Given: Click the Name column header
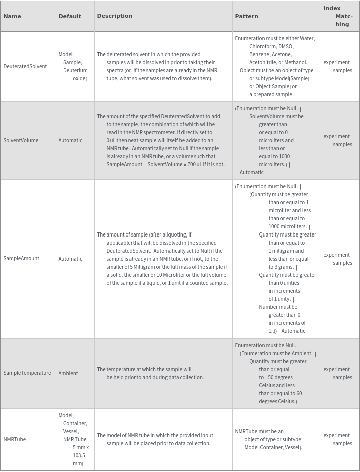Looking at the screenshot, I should point(12,16).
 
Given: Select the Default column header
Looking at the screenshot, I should point(70,16).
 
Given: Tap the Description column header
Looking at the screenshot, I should point(115,16).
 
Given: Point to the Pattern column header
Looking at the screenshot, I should point(246,16).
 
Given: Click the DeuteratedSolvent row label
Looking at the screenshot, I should point(25,66).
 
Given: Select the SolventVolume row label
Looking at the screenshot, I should point(21,140).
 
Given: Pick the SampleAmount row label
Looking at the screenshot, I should point(21,259).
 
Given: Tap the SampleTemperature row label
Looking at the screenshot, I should point(27,373).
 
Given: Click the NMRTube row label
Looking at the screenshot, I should point(15,439).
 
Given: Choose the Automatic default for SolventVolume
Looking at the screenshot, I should point(70,140).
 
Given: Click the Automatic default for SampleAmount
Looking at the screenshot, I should point(70,259).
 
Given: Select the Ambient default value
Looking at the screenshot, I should point(68,373).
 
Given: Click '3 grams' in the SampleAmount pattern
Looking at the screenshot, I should point(278,267).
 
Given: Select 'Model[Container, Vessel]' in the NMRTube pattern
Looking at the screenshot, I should point(273,447).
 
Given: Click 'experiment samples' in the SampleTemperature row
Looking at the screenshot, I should point(337,373).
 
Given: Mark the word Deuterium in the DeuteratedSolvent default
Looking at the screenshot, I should point(75,70).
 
